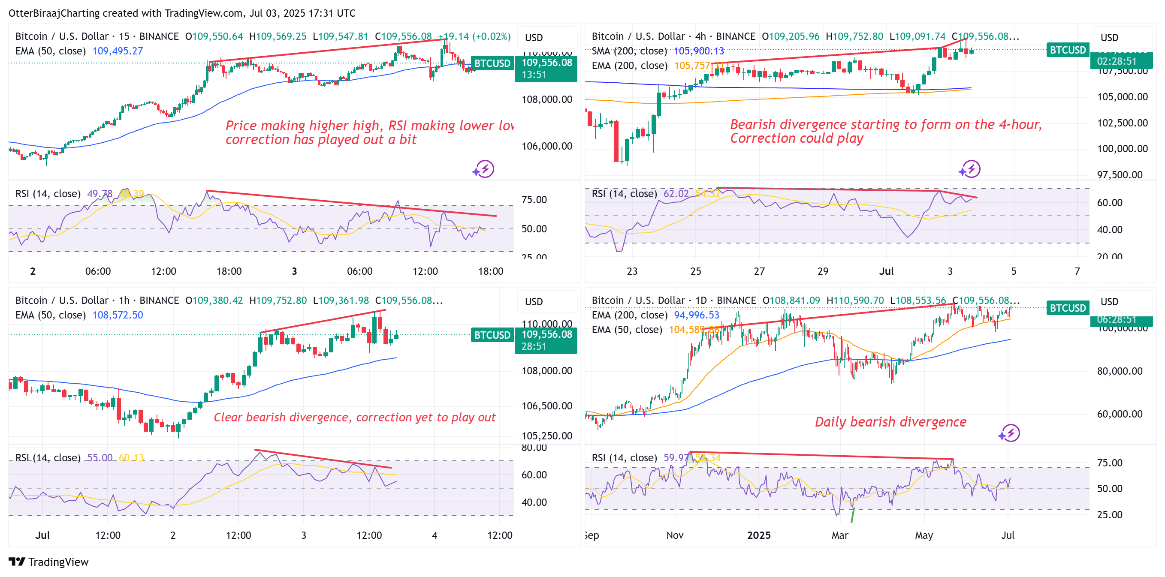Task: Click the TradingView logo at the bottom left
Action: point(48,562)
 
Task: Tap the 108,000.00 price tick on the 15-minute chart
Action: point(547,99)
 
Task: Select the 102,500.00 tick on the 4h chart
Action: point(1122,123)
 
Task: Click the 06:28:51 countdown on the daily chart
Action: point(1117,320)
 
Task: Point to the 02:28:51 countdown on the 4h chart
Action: point(1117,61)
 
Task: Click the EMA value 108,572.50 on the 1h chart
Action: point(118,315)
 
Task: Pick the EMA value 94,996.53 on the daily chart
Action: point(696,315)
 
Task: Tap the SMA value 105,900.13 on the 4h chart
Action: point(699,51)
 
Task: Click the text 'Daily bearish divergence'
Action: point(890,422)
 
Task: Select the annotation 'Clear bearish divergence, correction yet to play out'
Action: point(355,417)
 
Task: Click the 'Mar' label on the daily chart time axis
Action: point(840,535)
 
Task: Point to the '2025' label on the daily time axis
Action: point(758,535)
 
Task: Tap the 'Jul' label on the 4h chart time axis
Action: point(886,271)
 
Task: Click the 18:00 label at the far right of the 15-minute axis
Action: point(490,271)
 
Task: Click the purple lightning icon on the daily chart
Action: point(1010,433)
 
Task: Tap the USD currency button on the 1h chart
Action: point(534,301)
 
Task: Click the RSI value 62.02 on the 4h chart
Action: point(676,194)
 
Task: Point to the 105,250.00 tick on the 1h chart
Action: point(547,436)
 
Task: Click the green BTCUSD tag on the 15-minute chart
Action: point(492,63)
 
